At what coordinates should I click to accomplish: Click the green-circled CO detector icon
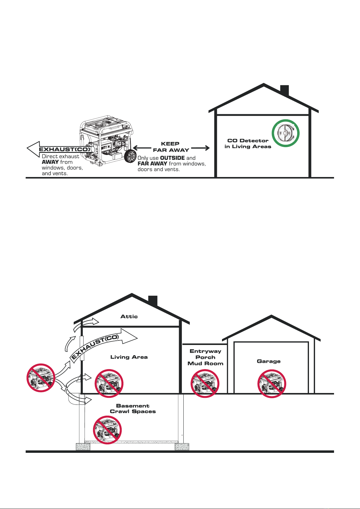pyautogui.click(x=285, y=133)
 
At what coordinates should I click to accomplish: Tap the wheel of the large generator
pyautogui.click(x=130, y=157)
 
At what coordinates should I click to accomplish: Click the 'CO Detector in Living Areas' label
pyautogui.click(x=248, y=143)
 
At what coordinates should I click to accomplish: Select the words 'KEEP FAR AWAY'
pyautogui.click(x=171, y=147)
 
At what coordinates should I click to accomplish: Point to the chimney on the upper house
pyautogui.click(x=284, y=90)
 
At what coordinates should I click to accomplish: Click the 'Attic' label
pyautogui.click(x=129, y=316)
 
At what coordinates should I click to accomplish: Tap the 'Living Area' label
pyautogui.click(x=129, y=357)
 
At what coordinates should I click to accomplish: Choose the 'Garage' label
pyautogui.click(x=268, y=361)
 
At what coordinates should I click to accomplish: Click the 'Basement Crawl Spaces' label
pyautogui.click(x=133, y=409)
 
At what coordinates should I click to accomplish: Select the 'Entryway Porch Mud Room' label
pyautogui.click(x=205, y=357)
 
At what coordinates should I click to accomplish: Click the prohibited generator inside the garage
pyautogui.click(x=272, y=384)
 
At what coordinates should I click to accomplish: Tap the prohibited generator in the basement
pyautogui.click(x=107, y=430)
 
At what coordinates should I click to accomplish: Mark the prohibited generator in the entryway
pyautogui.click(x=205, y=384)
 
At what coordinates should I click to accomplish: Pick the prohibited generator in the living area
pyautogui.click(x=109, y=383)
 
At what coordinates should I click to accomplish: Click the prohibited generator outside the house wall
pyautogui.click(x=41, y=378)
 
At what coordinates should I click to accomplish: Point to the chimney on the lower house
pyautogui.click(x=153, y=301)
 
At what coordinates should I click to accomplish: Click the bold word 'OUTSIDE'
pyautogui.click(x=172, y=158)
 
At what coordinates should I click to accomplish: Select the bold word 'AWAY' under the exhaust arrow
pyautogui.click(x=50, y=162)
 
